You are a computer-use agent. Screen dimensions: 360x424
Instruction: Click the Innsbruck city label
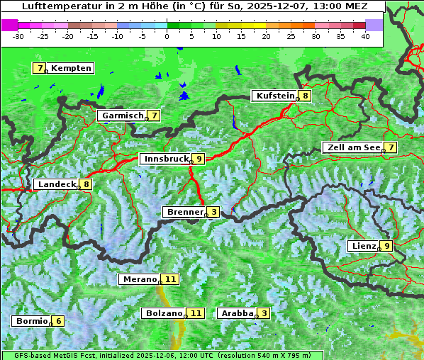pyautogui.click(x=164, y=159)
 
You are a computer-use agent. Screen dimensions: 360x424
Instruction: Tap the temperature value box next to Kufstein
pyautogui.click(x=305, y=96)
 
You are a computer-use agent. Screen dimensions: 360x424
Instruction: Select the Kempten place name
pyautogui.click(x=71, y=68)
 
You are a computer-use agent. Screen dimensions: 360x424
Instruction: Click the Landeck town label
pyautogui.click(x=56, y=184)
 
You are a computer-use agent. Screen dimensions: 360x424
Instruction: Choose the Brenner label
pyautogui.click(x=184, y=212)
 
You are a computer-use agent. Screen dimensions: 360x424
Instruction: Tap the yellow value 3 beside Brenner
pyautogui.click(x=213, y=212)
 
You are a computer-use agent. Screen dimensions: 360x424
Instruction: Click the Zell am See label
pyautogui.click(x=352, y=147)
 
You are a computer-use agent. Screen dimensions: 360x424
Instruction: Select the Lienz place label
pyautogui.click(x=362, y=246)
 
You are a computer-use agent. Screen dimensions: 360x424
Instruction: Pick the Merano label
pyautogui.click(x=139, y=279)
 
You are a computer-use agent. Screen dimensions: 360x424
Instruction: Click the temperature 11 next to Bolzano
pyautogui.click(x=196, y=313)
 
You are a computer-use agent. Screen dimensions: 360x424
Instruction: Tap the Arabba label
pyautogui.click(x=237, y=313)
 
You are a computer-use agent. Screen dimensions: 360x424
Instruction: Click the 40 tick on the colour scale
pyautogui.click(x=365, y=35)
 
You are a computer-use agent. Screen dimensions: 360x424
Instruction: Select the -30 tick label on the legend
pyautogui.click(x=18, y=35)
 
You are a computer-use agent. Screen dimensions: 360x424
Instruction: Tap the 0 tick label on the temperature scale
pyautogui.click(x=167, y=35)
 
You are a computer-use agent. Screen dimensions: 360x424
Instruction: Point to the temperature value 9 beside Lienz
pyautogui.click(x=386, y=246)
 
